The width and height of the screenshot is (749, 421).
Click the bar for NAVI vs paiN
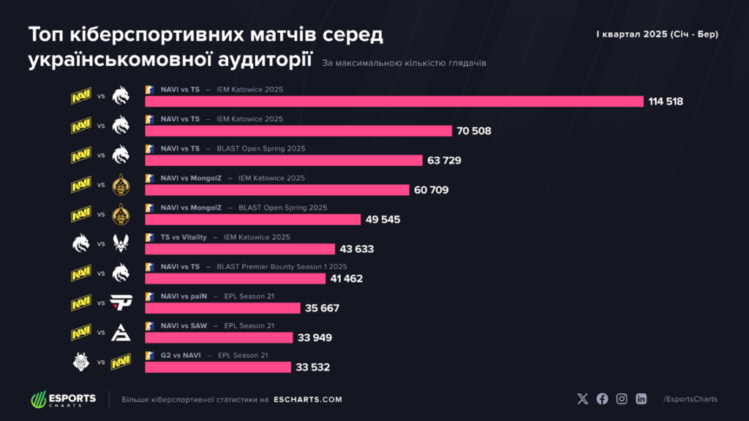pyautogui.click(x=222, y=308)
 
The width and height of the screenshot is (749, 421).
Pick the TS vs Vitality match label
pyautogui.click(x=184, y=237)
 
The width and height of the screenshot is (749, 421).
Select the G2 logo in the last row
pyautogui.click(x=81, y=360)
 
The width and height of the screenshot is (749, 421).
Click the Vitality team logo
pyautogui.click(x=121, y=243)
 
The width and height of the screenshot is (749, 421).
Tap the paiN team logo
pyautogui.click(x=121, y=302)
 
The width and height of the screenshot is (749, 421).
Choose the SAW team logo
pyautogui.click(x=121, y=332)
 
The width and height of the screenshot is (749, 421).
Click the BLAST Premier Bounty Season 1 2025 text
pyautogui.click(x=282, y=267)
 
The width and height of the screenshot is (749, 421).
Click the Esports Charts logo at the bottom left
pyautogui.click(x=63, y=400)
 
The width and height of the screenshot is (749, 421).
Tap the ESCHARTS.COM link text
pyautogui.click(x=308, y=400)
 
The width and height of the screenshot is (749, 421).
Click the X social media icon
pyautogui.click(x=582, y=399)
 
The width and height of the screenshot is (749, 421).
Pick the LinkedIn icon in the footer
pyautogui.click(x=641, y=399)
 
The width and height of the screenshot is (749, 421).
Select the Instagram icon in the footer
pyautogui.click(x=622, y=399)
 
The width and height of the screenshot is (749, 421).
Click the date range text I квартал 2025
pyautogui.click(x=657, y=34)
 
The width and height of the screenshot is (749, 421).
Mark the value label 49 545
pyautogui.click(x=381, y=219)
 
